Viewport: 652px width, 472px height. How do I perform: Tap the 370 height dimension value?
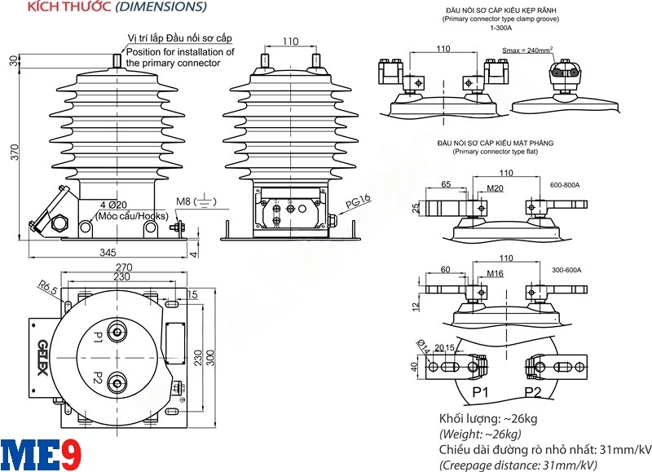coord(14,153)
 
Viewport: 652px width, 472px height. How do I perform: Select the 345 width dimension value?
coord(108,253)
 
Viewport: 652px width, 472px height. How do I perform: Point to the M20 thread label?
coord(495,189)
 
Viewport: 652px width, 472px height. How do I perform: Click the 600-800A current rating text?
coord(565,185)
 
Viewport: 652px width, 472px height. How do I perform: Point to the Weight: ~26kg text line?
coord(480,434)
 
